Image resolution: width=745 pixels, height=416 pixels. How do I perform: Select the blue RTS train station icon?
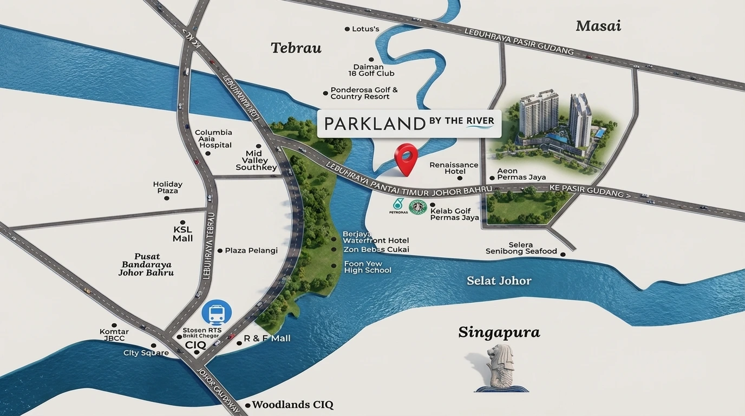coord(217,313)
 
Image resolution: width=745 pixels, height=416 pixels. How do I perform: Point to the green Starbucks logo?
coord(417,206)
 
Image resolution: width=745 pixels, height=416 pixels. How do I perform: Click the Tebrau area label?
coord(296,48)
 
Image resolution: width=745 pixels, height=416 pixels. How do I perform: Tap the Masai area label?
coord(598,26)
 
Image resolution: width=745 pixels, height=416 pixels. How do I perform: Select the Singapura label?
coord(499,332)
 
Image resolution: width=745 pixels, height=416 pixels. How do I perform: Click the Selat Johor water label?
coord(499,281)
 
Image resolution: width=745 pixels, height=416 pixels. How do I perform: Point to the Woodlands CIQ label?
coord(292,405)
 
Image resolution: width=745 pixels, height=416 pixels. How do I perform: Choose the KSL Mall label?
coord(183,234)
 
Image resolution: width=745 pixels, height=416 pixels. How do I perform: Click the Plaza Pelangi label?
coord(251,250)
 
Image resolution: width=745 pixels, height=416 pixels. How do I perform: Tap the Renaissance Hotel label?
coord(454,168)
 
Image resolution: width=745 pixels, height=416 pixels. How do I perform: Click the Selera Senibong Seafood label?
coord(521,248)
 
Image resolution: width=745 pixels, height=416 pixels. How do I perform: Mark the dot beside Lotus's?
coord(347,29)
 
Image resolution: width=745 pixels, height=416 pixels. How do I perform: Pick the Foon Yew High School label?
coord(368,267)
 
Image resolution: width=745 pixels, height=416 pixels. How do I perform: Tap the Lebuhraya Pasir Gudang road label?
coord(519,41)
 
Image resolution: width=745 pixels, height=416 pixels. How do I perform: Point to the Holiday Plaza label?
coord(168,187)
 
